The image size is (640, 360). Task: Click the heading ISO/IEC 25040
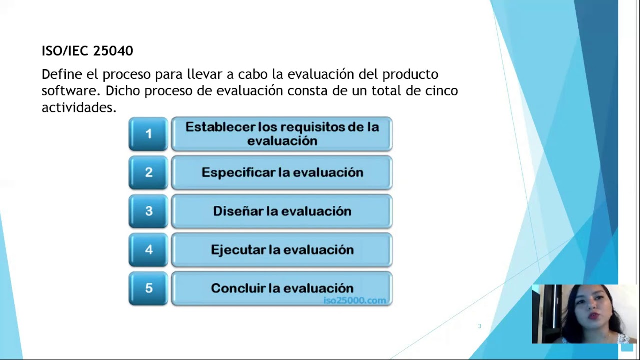[87, 51]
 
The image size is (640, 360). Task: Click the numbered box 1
[148, 134]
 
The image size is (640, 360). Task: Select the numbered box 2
[148, 172]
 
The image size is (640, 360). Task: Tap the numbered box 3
[148, 211]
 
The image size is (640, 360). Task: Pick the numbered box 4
[148, 249]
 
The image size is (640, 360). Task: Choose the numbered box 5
[148, 288]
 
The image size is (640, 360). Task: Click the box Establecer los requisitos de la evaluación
[282, 134]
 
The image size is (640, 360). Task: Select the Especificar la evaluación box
[282, 172]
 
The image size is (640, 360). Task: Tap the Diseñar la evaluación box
[282, 211]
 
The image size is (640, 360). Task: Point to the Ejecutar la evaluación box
[282, 249]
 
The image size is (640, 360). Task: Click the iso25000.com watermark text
[354, 300]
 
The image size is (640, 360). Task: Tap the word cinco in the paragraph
[441, 91]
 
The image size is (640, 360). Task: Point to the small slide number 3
[479, 326]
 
